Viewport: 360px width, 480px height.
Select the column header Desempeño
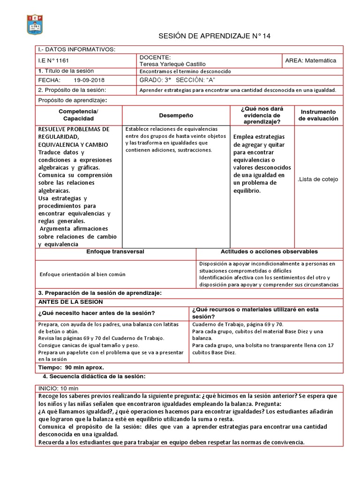(175, 115)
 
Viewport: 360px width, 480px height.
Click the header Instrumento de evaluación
(319, 115)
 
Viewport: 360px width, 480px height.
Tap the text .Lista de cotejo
(317, 179)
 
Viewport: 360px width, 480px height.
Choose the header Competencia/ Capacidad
(78, 115)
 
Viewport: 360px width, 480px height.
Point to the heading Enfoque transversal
(115, 252)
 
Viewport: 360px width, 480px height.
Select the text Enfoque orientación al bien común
(82, 274)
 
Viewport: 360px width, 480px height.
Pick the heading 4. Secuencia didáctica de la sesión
(94, 376)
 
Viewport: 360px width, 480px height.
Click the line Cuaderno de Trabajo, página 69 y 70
(237, 324)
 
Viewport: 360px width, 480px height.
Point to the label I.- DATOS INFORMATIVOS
(76, 50)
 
